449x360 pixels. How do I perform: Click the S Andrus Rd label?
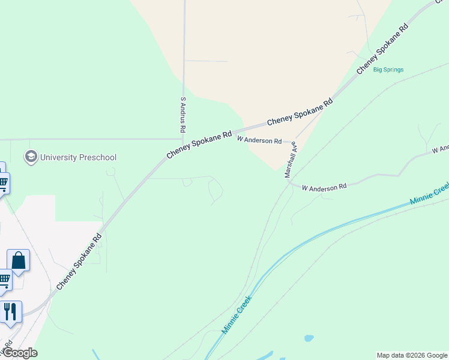(183, 115)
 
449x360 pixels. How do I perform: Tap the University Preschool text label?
(78, 158)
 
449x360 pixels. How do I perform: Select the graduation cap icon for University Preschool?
(31, 157)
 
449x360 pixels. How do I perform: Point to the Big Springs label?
(388, 70)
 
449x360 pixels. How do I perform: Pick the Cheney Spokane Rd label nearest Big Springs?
(382, 49)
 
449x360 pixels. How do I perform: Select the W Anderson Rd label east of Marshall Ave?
(324, 187)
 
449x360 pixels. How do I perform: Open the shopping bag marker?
(19, 261)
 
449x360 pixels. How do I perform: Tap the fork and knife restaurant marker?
(11, 311)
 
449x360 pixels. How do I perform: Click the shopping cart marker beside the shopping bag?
(4, 279)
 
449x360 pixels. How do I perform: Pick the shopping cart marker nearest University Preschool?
(3, 182)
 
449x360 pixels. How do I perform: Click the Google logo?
(19, 353)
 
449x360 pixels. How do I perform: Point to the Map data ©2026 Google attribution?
(412, 355)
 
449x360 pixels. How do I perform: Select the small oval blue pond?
(309, 338)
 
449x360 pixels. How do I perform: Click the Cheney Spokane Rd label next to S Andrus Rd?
(199, 145)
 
